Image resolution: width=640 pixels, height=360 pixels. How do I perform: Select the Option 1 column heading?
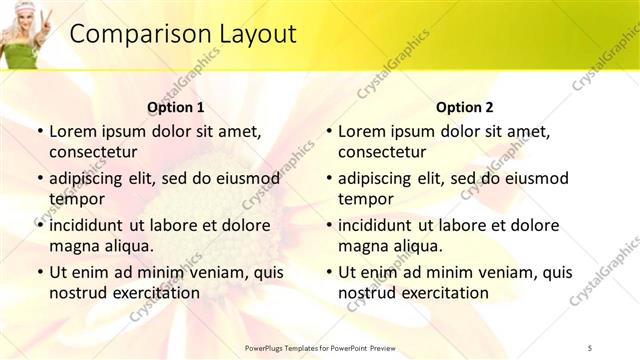(176, 107)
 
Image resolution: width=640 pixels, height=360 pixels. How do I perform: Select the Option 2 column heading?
(465, 107)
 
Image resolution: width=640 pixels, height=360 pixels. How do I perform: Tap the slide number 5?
(590, 347)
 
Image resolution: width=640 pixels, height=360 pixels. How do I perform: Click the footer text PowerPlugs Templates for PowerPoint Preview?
(320, 347)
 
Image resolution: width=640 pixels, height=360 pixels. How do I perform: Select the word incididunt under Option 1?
(88, 226)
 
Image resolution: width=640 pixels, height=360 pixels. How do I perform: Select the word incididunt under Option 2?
(377, 226)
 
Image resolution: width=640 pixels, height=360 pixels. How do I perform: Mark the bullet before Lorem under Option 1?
(40, 132)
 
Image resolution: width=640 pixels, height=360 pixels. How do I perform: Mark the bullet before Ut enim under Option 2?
(329, 273)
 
